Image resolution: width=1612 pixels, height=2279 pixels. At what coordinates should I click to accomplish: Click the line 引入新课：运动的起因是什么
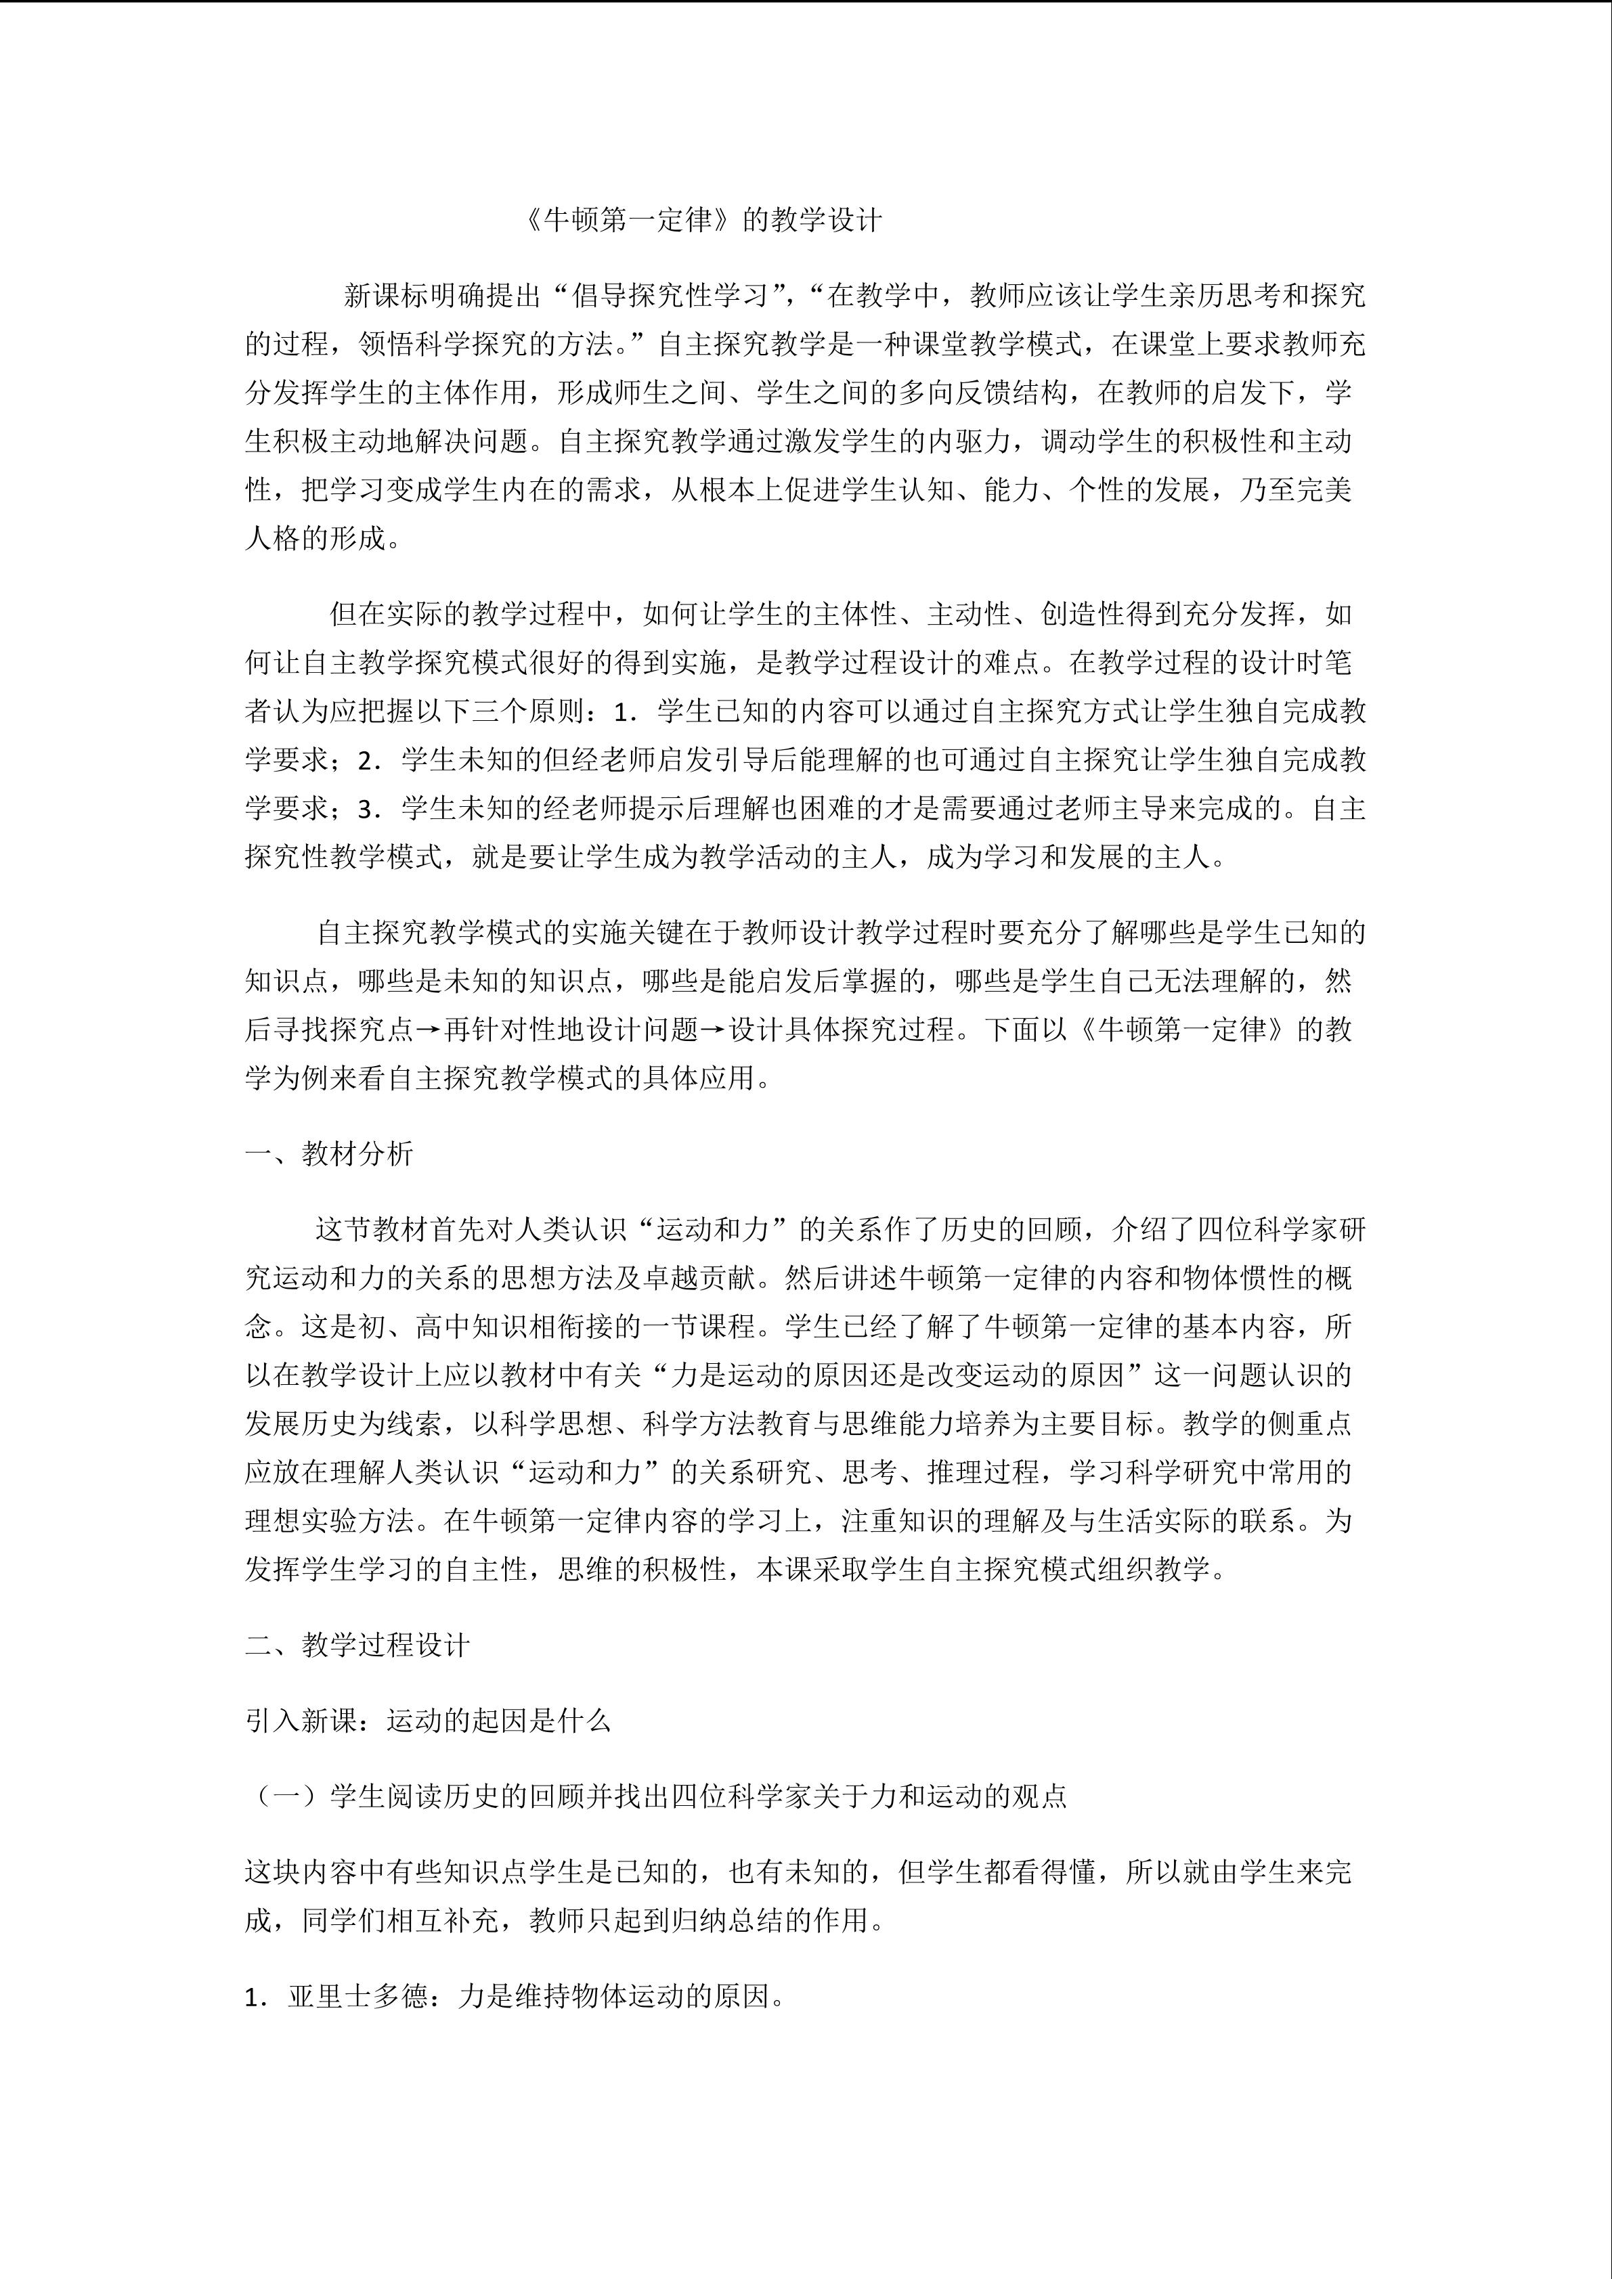[428, 1720]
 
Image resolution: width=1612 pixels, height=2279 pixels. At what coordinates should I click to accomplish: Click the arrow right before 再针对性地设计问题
[429, 1030]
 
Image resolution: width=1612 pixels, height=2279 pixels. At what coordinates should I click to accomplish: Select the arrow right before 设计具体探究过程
[715, 1030]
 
